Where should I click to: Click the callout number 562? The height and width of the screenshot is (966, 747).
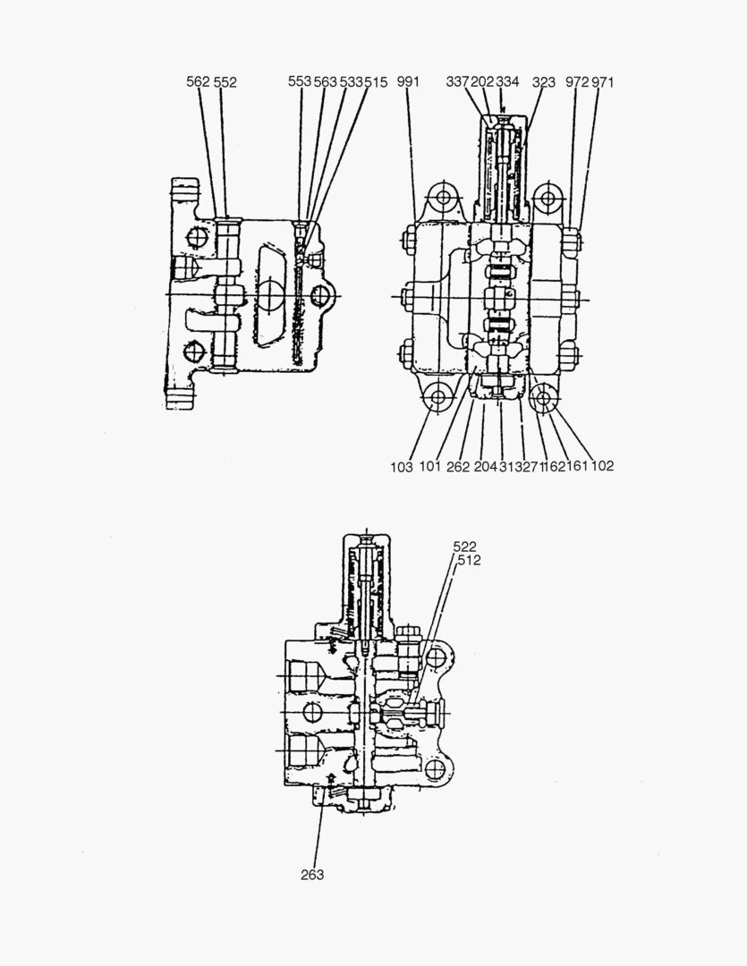[198, 81]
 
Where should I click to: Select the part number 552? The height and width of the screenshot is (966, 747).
[225, 81]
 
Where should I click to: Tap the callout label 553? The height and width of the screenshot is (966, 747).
[300, 81]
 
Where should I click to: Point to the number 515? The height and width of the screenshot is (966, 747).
[376, 81]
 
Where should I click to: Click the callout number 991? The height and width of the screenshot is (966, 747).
[408, 81]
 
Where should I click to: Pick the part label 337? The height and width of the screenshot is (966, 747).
[457, 81]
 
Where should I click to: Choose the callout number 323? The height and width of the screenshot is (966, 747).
[543, 81]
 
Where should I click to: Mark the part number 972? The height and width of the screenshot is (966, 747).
[577, 81]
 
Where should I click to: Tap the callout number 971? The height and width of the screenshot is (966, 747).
[603, 81]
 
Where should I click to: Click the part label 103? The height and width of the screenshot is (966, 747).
[402, 466]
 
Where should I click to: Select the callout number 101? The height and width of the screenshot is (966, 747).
[430, 466]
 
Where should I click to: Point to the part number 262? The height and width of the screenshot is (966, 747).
[458, 466]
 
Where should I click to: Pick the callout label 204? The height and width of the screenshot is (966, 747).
[484, 466]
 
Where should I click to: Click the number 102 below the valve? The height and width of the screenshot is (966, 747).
[602, 466]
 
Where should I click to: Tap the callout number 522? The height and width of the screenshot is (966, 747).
[465, 546]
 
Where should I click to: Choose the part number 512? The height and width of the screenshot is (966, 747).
[469, 560]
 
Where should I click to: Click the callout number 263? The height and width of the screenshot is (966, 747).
[312, 875]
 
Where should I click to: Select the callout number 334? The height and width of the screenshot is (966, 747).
[507, 81]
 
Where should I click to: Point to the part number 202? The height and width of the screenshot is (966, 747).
[482, 81]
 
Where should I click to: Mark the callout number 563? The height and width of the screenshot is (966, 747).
[325, 81]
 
